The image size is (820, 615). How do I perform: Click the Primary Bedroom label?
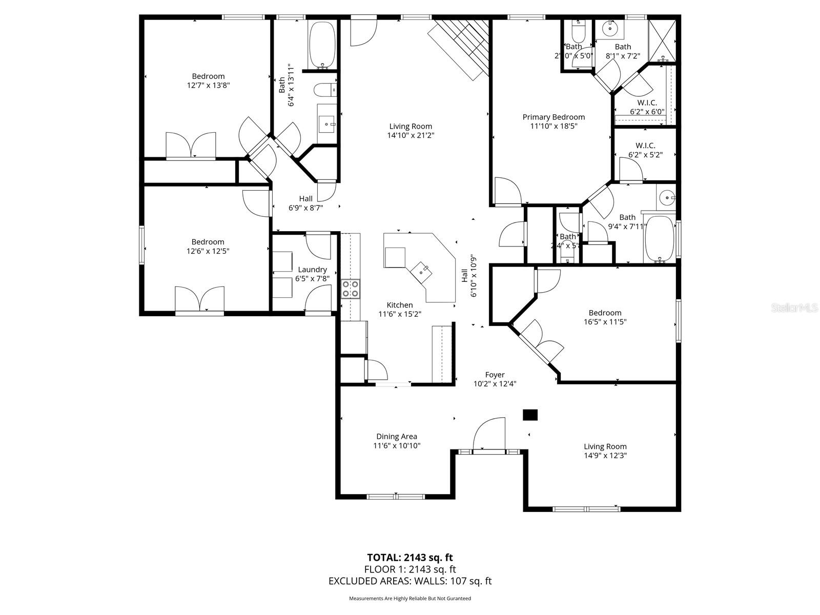553,117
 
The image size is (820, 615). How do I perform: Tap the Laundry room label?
312,270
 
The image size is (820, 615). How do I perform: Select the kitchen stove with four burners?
351,289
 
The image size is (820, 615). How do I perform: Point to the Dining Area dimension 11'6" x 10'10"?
397,446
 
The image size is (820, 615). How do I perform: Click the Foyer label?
495,375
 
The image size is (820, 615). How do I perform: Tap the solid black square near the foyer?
530,415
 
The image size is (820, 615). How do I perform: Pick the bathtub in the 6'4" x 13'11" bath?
322,44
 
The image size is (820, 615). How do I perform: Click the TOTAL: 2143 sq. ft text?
409,558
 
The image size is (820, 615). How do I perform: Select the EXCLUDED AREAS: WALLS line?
409,581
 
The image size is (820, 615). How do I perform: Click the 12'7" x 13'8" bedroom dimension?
208,86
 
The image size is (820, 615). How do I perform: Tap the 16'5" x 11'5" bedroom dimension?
605,322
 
